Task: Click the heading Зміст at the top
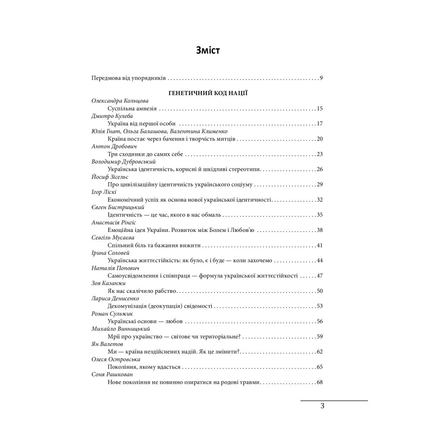coord(208,51)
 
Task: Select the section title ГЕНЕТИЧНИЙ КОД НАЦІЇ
coord(208,93)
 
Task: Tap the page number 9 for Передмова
coord(321,78)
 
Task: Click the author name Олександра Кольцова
coord(120,101)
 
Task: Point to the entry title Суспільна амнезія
coord(132,109)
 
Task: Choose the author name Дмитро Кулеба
coord(112,116)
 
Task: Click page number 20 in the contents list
coord(319,139)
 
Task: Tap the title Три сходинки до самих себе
coord(146,154)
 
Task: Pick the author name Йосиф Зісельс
coord(110,177)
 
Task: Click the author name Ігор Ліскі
coord(104,192)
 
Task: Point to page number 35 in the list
coord(319,215)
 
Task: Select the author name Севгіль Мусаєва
coord(113,237)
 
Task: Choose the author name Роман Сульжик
coord(111,314)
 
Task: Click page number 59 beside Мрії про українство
coord(319,336)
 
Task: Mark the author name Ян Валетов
coord(107,344)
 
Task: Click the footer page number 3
coord(322,406)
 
